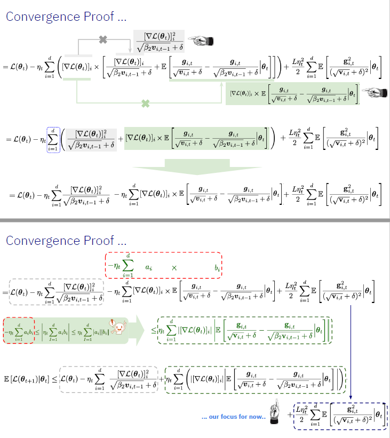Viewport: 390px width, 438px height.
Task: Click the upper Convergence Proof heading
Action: [x=67, y=17]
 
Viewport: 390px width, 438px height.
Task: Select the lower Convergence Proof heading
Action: [x=67, y=241]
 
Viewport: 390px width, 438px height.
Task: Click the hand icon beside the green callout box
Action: [x=374, y=93]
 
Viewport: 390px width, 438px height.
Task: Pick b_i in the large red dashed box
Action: [x=217, y=269]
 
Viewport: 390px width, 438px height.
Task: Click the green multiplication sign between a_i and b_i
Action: [x=174, y=268]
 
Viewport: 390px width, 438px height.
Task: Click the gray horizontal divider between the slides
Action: [x=195, y=220]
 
